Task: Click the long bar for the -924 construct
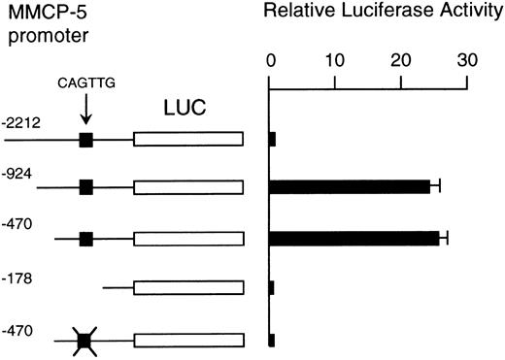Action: pos(350,185)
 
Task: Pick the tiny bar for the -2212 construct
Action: pos(273,139)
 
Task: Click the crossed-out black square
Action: pos(85,340)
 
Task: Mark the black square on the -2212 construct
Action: pos(85,140)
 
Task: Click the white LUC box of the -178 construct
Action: pos(188,287)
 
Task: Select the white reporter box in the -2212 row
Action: pos(188,140)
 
